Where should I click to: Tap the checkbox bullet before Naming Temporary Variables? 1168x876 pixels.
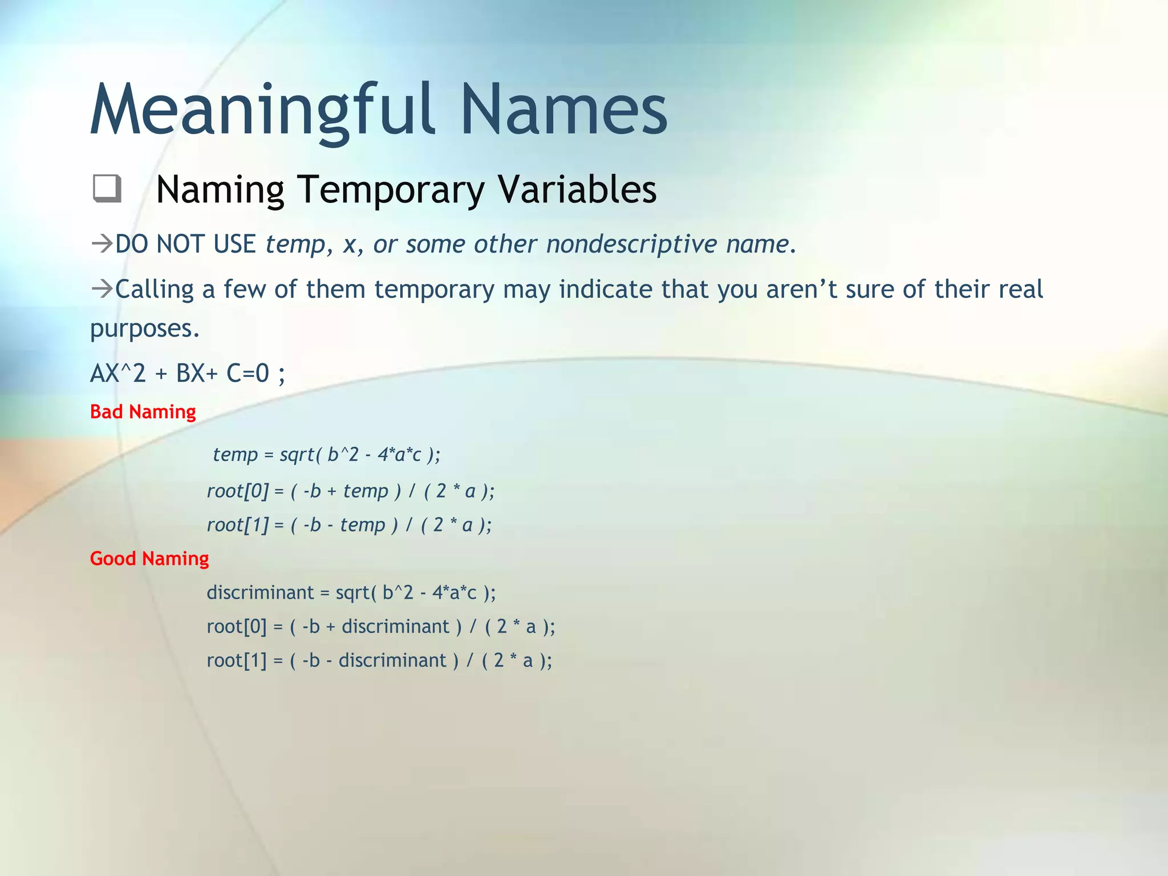point(107,188)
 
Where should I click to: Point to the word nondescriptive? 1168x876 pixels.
point(631,244)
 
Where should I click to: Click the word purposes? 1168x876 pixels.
point(145,329)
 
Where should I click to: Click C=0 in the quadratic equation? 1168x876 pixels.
point(248,374)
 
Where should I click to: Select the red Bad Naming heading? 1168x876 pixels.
point(143,412)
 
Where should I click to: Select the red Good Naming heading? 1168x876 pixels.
point(149,558)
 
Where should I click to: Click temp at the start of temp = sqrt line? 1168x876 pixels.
point(235,455)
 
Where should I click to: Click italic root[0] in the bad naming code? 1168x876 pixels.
point(237,491)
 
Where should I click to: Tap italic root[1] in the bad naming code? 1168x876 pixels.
point(237,525)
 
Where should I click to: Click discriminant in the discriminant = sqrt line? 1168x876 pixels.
point(259,593)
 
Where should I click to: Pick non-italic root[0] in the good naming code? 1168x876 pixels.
point(236,627)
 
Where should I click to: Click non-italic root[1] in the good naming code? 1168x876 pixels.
point(236,660)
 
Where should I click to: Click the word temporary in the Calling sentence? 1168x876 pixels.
point(434,289)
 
